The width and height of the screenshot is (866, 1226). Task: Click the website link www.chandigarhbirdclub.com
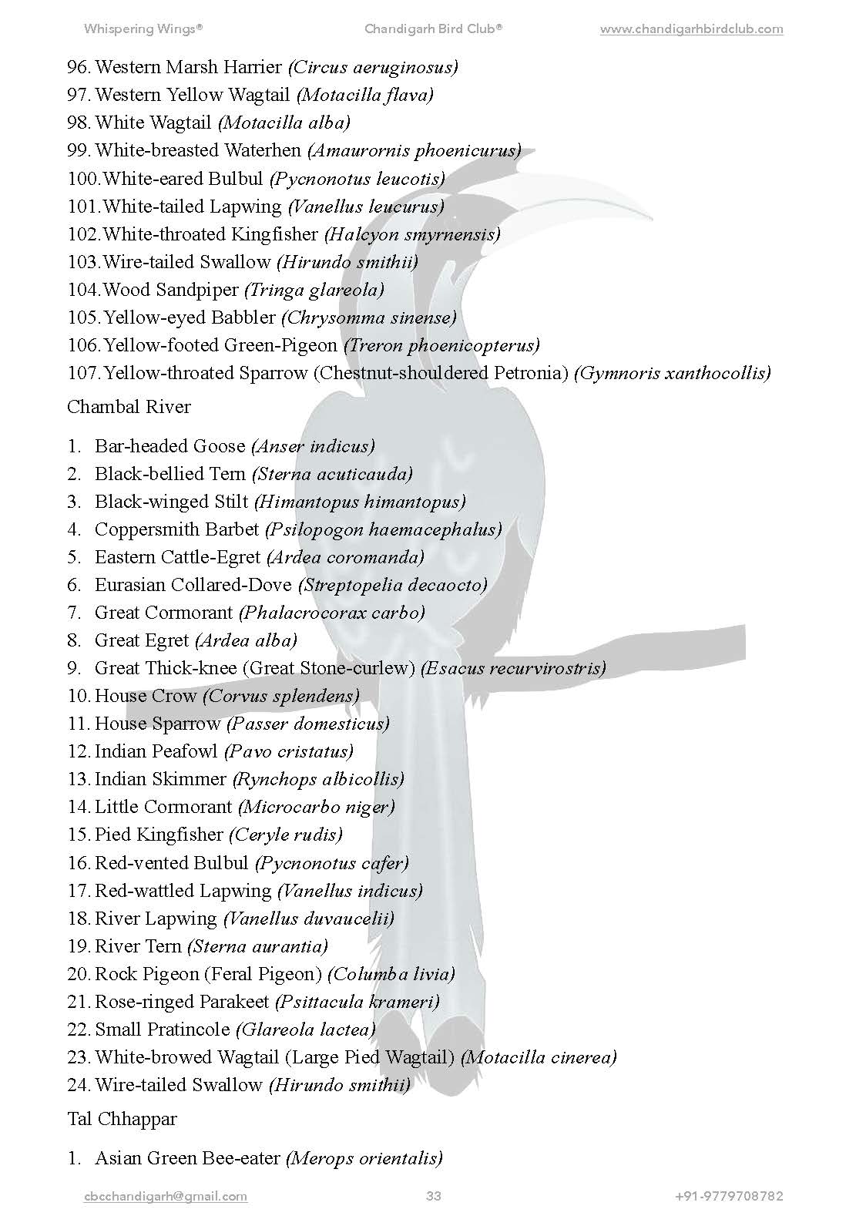691,29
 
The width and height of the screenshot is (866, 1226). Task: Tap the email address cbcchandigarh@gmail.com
166,1196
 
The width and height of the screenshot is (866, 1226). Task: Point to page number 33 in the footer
433,1196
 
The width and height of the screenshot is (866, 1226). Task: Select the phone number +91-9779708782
729,1196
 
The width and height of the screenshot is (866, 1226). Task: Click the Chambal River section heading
129,407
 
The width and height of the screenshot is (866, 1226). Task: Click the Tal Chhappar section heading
122,1119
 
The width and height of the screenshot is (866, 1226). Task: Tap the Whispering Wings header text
143,29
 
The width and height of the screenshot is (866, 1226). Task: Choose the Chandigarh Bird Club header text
433,29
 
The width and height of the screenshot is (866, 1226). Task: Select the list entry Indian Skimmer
160,779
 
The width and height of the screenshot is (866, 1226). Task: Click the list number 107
83,374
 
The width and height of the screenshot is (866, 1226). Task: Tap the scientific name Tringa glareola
314,290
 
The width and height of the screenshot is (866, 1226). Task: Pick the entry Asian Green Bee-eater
187,1158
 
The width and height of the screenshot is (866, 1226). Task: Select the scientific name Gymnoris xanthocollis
673,374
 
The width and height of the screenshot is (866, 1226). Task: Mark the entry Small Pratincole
162,1030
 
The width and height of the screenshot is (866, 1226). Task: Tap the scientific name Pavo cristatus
289,751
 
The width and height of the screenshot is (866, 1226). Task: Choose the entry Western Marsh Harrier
188,67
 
